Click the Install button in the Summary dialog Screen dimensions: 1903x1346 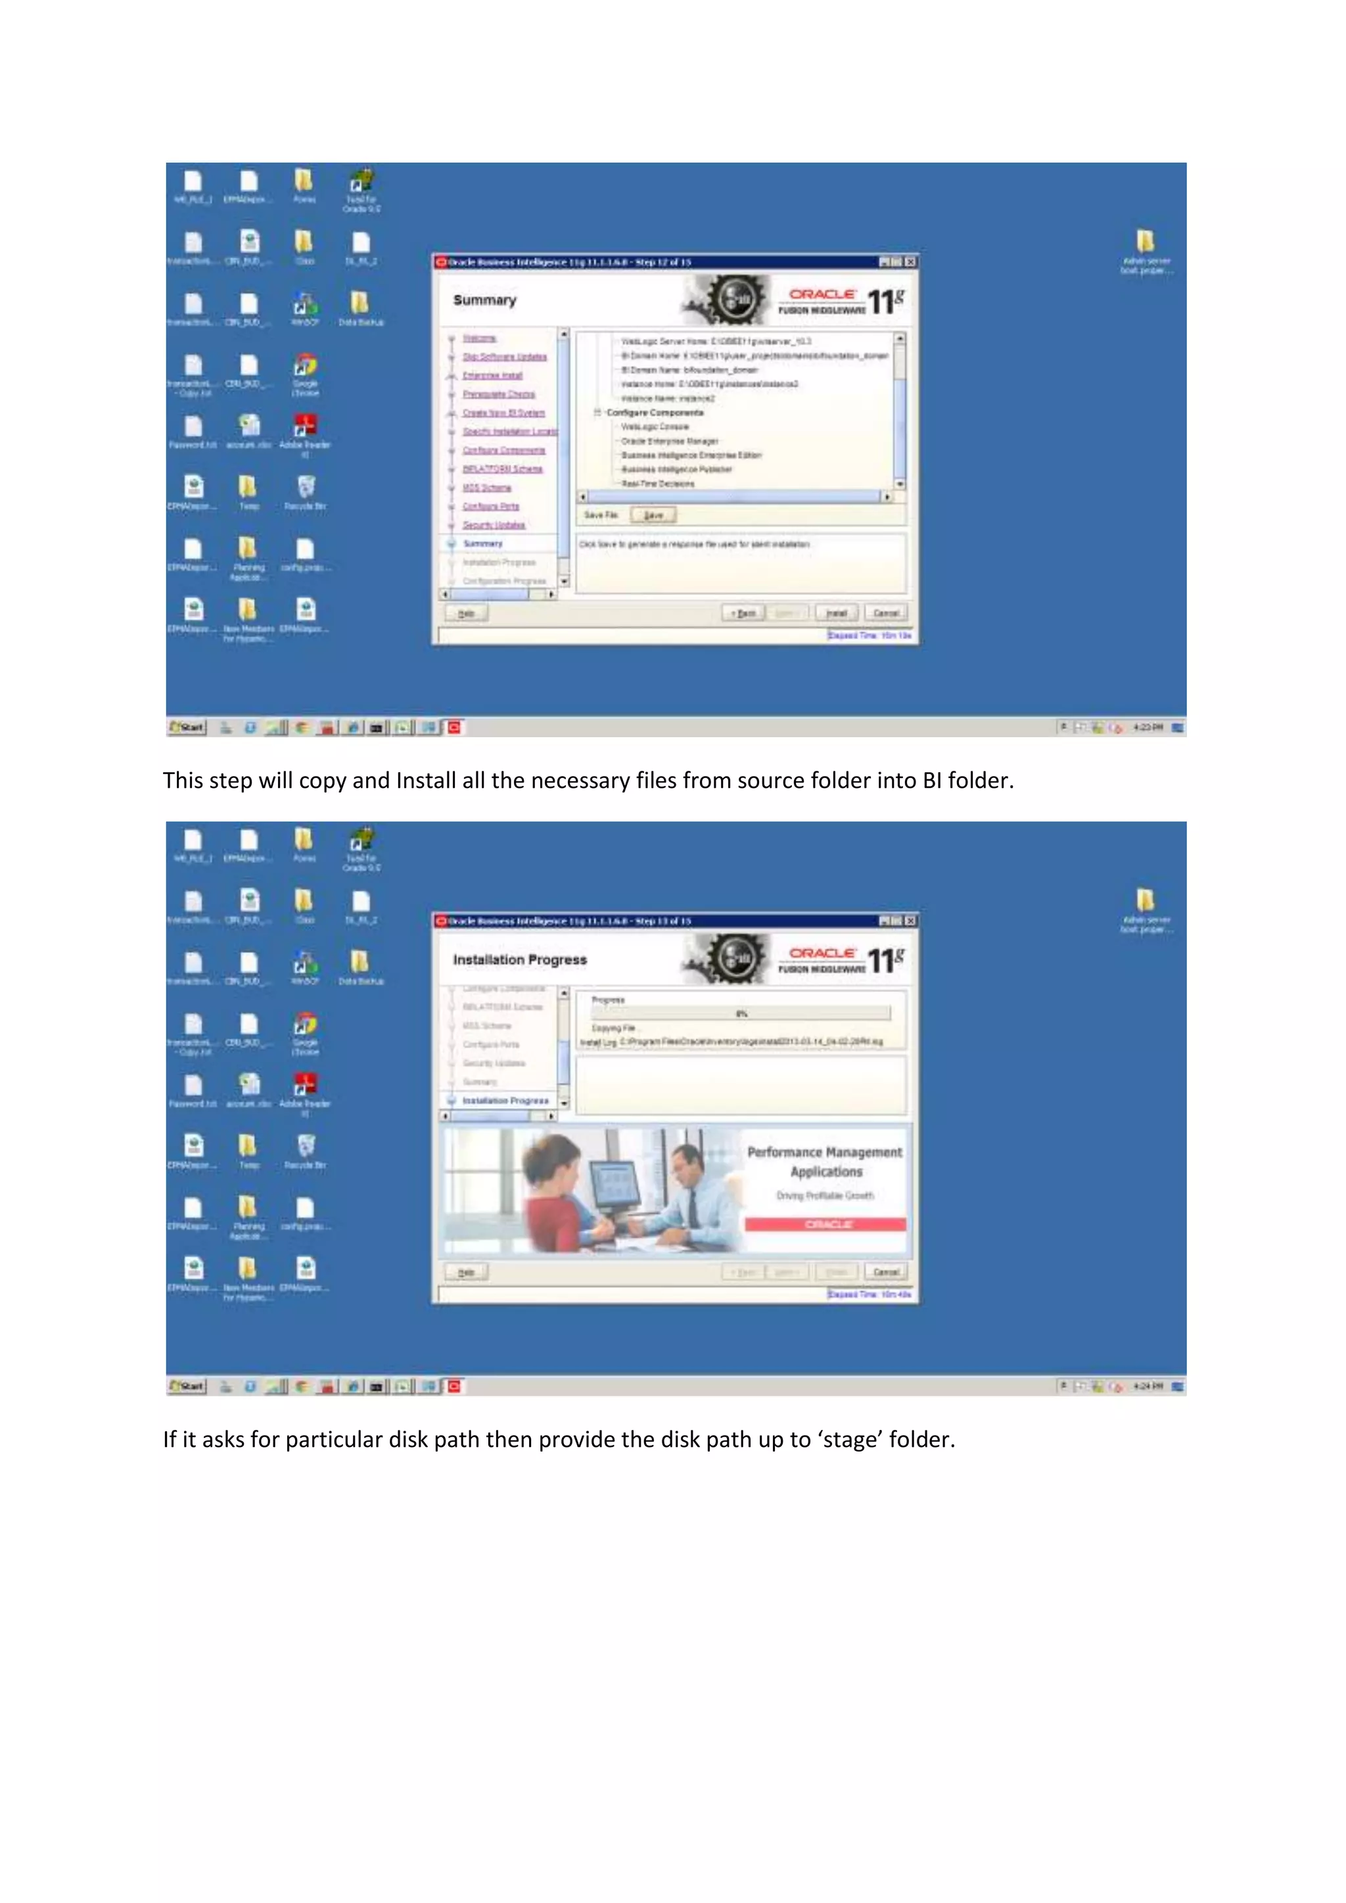tap(836, 612)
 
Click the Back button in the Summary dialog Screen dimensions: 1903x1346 tap(743, 612)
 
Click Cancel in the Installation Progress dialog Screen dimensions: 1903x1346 tap(885, 1272)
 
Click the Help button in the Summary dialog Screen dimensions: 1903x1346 tap(466, 612)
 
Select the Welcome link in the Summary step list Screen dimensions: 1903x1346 tap(479, 338)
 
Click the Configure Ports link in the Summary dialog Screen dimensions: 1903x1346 tap(491, 505)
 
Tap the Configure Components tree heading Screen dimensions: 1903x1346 tap(654, 412)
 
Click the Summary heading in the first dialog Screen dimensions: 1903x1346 tap(485, 300)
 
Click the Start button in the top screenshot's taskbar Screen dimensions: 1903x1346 tap(187, 727)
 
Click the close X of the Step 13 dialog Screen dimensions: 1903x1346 tap(910, 920)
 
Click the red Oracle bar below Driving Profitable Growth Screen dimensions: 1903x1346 tap(825, 1224)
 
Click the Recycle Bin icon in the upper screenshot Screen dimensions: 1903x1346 tap(305, 488)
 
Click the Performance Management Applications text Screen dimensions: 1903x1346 tap(825, 1161)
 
